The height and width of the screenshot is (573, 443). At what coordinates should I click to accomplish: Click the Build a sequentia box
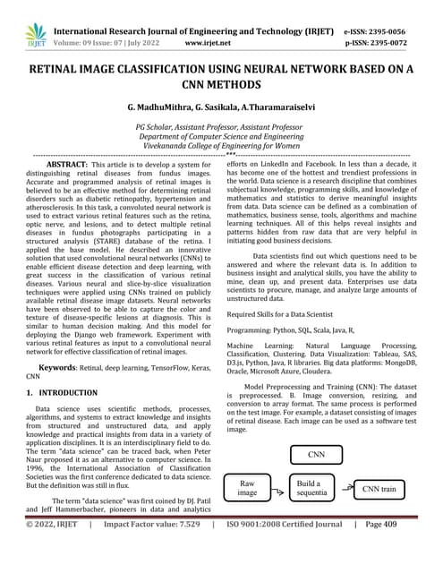click(311, 489)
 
